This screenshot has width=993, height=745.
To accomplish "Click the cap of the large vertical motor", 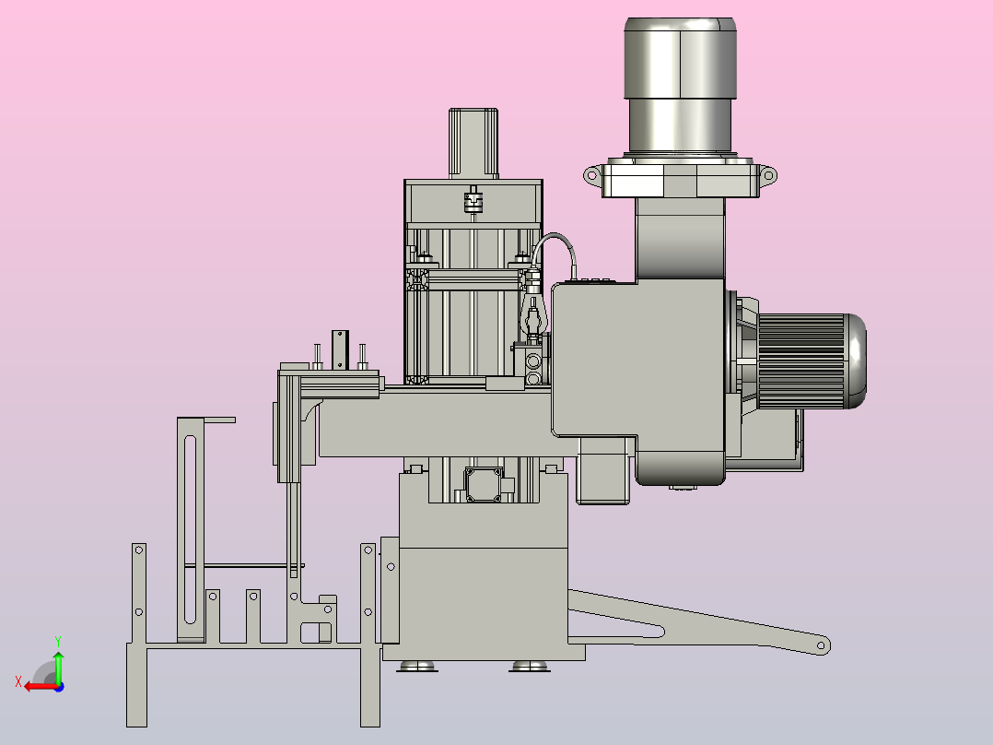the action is (x=680, y=58).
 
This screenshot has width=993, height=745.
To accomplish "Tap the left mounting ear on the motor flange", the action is (x=592, y=175).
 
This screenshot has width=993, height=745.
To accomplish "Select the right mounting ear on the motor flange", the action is (x=767, y=175).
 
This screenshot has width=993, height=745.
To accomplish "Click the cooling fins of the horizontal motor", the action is (x=801, y=361).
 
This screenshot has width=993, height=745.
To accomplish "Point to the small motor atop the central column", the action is (x=473, y=143).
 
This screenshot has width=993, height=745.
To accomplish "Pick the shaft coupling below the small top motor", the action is (x=473, y=200).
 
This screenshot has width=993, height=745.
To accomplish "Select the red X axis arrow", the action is (x=41, y=687).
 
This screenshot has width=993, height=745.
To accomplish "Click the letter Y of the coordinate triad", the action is (x=58, y=642).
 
